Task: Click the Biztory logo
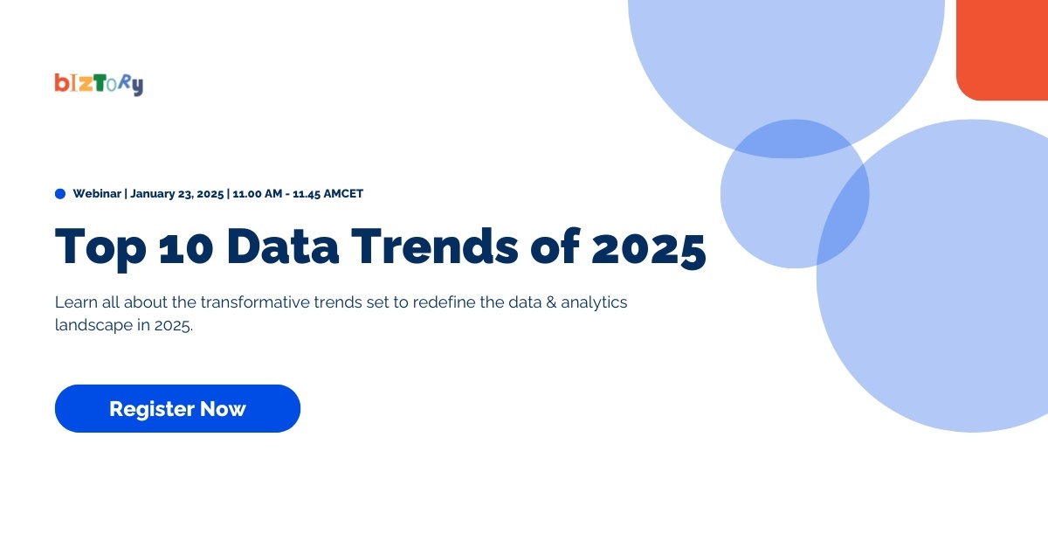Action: [98, 83]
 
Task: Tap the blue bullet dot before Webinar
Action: [60, 193]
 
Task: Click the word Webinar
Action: [98, 193]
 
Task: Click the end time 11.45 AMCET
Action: [327, 193]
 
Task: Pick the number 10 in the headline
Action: [180, 248]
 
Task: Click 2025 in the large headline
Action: [648, 248]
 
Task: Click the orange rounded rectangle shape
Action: [1003, 48]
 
